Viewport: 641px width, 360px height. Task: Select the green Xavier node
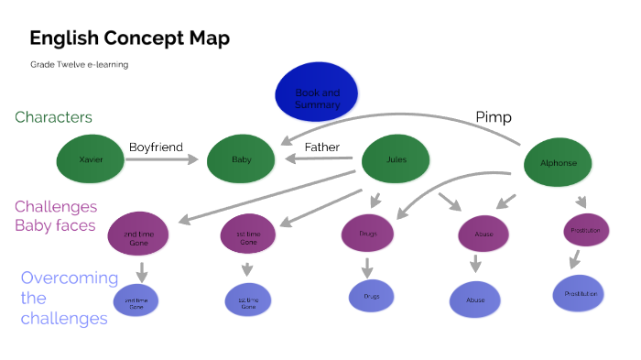[90, 159]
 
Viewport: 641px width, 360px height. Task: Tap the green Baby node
[241, 160]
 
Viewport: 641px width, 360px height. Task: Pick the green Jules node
[396, 159]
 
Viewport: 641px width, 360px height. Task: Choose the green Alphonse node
[557, 163]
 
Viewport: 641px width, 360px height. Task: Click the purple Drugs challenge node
[366, 233]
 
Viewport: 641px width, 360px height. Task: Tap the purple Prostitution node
[586, 230]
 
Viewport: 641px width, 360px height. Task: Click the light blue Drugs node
[371, 296]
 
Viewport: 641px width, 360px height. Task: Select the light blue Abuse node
[475, 299]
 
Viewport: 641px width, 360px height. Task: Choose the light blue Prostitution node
[579, 293]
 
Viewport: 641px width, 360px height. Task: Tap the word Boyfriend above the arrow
[156, 147]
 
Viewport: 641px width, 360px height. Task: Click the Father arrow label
[321, 147]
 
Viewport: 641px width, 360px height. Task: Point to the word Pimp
[494, 117]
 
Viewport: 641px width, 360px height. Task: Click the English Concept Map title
[129, 38]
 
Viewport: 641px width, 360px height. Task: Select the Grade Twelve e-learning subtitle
[78, 64]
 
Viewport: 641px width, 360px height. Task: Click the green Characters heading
[53, 117]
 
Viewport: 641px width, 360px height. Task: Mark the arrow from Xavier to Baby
[161, 160]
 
